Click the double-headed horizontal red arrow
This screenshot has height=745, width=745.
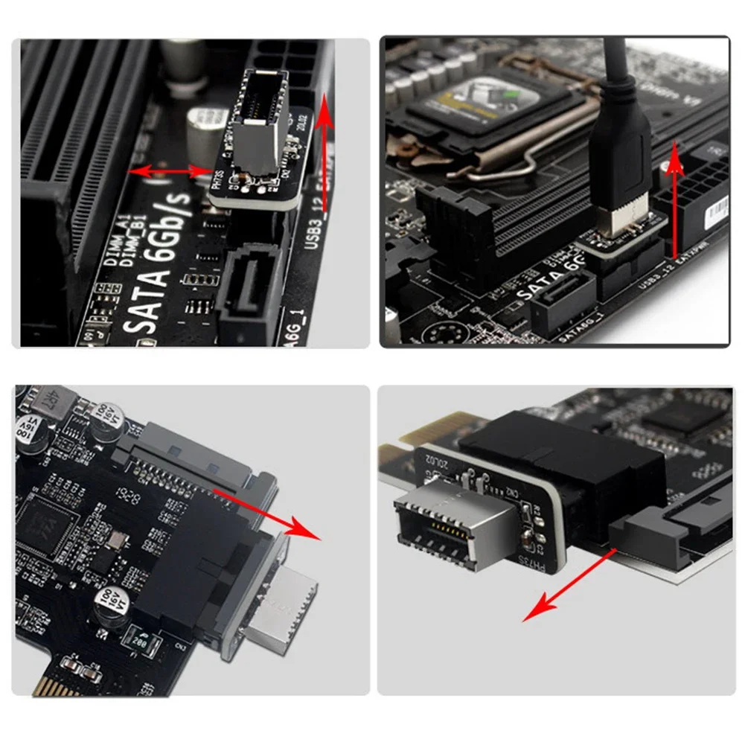click(x=170, y=172)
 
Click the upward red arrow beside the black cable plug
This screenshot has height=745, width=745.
click(x=674, y=201)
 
